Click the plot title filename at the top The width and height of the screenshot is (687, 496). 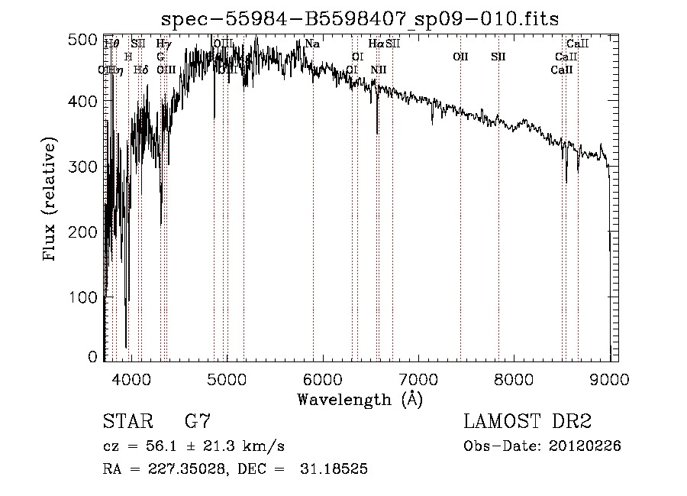354,19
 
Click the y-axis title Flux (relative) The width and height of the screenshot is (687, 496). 51,200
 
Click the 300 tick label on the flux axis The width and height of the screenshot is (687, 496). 89,167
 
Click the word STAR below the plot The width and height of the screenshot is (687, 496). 127,422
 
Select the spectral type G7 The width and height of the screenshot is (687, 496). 197,422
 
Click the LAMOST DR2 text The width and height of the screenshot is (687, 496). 527,422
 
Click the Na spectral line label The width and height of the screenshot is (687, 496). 311,44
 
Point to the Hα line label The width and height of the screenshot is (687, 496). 376,44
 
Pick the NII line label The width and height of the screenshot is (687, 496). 379,70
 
